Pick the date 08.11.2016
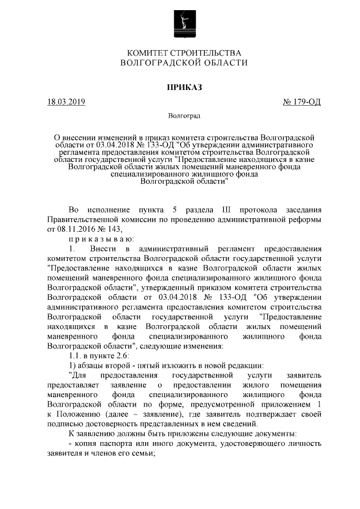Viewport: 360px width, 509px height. coord(75,228)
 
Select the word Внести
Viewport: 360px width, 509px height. coord(103,249)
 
